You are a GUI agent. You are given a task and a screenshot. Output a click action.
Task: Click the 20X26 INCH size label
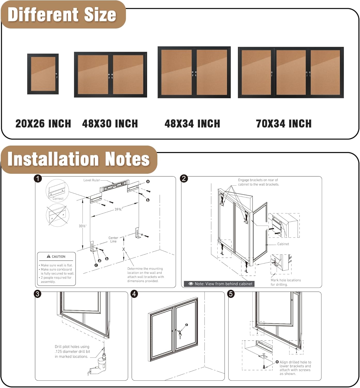click(x=43, y=124)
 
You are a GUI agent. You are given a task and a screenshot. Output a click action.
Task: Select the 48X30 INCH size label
click(x=110, y=124)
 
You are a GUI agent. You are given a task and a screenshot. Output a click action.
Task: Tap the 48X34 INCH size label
click(x=192, y=124)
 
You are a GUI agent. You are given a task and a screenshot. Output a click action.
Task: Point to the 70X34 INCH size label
click(x=284, y=124)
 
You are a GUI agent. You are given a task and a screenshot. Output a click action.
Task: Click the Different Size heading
click(x=62, y=14)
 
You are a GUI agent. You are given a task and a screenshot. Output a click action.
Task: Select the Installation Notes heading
click(x=79, y=159)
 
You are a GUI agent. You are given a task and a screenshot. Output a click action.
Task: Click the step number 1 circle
click(x=38, y=178)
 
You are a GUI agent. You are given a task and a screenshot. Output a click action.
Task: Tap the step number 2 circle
click(x=184, y=178)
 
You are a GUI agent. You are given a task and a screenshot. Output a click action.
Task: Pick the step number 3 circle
click(x=38, y=294)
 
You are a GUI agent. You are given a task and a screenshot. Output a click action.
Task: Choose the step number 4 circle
click(x=134, y=294)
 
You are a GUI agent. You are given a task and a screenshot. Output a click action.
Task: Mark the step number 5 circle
click(x=231, y=294)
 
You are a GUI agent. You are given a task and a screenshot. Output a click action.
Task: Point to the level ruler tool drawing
click(x=114, y=185)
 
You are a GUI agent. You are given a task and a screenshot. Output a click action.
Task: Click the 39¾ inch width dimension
click(x=118, y=209)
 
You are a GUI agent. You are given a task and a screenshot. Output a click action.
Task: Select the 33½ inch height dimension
click(x=82, y=226)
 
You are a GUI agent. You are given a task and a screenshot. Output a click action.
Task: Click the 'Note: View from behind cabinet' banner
click(x=219, y=284)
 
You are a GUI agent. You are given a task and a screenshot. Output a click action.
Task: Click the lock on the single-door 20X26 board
click(x=56, y=75)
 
